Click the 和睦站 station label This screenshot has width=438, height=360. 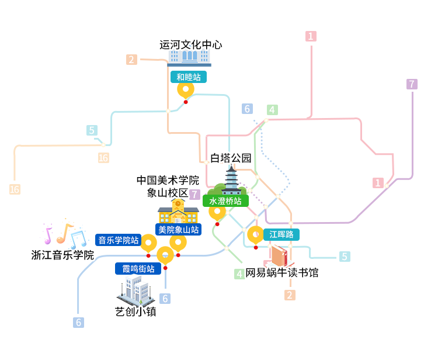(x=189, y=77)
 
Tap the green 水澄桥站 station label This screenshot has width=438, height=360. (x=225, y=201)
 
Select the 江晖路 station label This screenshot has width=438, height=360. (x=281, y=234)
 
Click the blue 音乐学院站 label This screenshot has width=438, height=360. (x=119, y=240)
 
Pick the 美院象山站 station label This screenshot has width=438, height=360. (x=178, y=230)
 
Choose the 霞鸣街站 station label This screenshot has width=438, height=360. (x=138, y=269)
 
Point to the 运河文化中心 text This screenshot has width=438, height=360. (x=191, y=45)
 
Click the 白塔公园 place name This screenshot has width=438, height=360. (x=231, y=158)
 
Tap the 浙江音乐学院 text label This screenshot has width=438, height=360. (x=62, y=255)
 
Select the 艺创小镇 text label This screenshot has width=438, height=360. (x=135, y=311)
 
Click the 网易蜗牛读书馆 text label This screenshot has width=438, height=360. (x=282, y=273)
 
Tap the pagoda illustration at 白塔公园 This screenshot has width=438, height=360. (x=231, y=180)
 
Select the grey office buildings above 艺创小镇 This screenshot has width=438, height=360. (x=136, y=290)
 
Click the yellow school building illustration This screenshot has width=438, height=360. (x=178, y=212)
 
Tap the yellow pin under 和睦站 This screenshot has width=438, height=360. (x=186, y=91)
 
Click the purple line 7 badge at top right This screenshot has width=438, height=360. (x=412, y=84)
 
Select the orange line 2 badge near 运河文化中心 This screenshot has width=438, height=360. (x=131, y=60)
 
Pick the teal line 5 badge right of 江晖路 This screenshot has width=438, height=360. (x=345, y=257)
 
